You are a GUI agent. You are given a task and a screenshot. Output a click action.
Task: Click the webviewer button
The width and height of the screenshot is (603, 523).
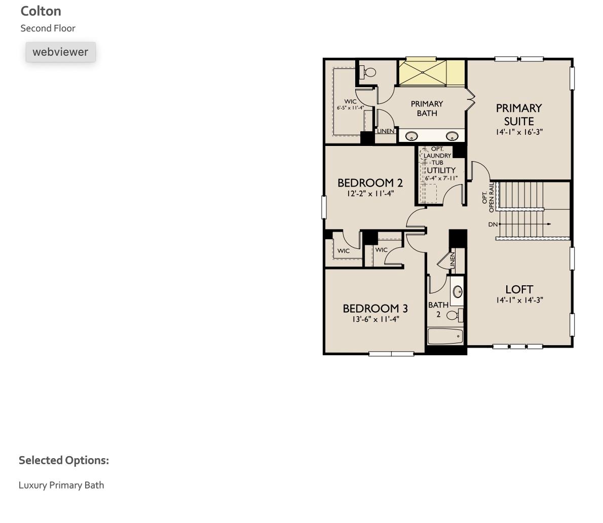[x=60, y=52]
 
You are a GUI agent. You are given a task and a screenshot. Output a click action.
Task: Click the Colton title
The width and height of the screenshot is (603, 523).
[x=41, y=11]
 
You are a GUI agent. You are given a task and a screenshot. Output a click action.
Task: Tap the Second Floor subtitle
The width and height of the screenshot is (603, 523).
[x=48, y=28]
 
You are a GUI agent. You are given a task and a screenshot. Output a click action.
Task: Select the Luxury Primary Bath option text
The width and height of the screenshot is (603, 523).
[x=61, y=485]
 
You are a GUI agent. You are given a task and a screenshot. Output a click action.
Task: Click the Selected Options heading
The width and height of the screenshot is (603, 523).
[x=64, y=460]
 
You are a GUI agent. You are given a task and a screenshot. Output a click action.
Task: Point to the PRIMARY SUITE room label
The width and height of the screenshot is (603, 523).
[x=518, y=115]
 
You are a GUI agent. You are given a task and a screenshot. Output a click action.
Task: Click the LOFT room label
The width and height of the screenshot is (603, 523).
[x=519, y=289]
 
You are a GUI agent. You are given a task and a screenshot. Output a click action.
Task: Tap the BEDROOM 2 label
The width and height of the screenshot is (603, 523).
[x=370, y=183]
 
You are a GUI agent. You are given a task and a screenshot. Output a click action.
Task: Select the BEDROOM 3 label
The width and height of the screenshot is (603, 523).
[x=375, y=309]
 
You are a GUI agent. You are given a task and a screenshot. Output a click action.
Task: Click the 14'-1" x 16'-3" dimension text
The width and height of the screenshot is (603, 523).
[x=519, y=132]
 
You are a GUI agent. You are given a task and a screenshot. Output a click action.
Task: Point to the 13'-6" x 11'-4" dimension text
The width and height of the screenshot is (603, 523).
[x=375, y=319]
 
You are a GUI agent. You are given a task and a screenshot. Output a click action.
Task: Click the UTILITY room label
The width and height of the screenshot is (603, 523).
[x=441, y=170]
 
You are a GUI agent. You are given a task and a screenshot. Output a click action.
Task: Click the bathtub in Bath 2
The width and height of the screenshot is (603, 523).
[x=445, y=336]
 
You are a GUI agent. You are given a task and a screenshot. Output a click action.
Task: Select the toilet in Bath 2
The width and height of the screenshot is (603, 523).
[x=454, y=315]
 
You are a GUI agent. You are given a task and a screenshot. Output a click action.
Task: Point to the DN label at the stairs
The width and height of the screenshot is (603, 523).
[x=493, y=225]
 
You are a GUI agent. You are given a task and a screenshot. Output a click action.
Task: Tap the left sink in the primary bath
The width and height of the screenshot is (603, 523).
[x=412, y=136]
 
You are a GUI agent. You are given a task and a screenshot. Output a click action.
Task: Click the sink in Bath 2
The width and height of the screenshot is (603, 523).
[x=458, y=291]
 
